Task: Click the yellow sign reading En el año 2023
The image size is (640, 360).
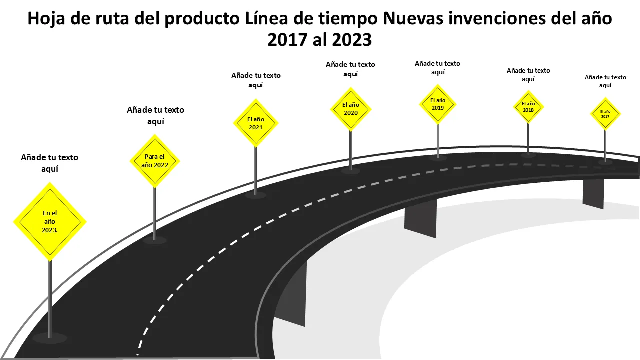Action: coord(49,221)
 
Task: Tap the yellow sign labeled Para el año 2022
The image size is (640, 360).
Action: coord(155,160)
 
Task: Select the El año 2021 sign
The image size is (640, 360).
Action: coord(256,123)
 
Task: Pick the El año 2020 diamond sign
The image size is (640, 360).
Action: coord(351,109)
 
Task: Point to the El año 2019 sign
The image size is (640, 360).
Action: coord(438,104)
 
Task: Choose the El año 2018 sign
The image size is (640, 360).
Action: coord(528,107)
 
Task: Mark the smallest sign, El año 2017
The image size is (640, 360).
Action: coord(605,114)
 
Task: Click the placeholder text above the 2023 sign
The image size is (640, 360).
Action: coord(49,163)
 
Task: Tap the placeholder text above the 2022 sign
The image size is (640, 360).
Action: coord(155,115)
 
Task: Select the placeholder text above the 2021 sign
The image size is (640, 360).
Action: coord(256,80)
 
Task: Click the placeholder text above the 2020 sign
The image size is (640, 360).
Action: coord(350,69)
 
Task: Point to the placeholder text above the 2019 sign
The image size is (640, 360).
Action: coord(437,68)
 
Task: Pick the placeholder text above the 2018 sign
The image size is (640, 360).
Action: coord(528,75)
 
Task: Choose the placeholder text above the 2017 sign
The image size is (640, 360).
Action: coord(605,81)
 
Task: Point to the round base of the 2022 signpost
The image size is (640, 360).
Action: coord(155,240)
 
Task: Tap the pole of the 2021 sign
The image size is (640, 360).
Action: coord(256,170)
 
